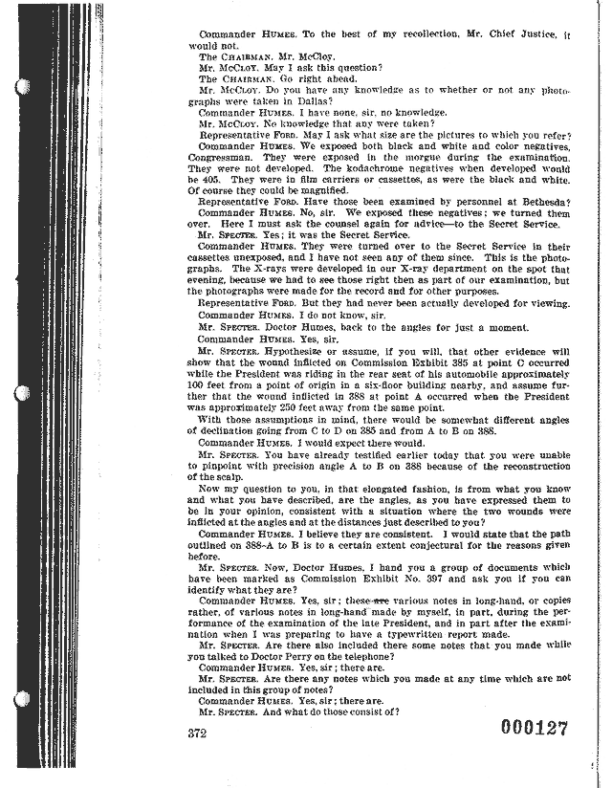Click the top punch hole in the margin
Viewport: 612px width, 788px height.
21,85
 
